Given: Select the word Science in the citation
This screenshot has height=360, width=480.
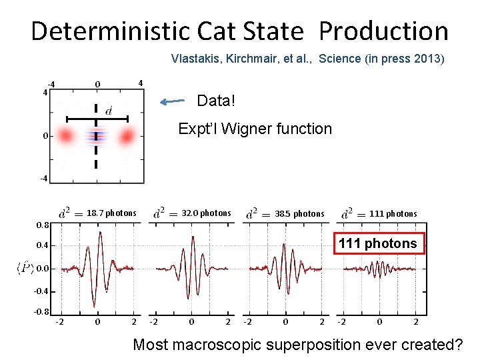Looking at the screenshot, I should [x=341, y=58].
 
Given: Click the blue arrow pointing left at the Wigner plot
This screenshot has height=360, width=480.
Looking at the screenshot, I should [x=173, y=102].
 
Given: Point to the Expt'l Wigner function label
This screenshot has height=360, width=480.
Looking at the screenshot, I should [x=254, y=129].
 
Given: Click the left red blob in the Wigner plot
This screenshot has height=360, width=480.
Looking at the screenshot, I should [x=65, y=137].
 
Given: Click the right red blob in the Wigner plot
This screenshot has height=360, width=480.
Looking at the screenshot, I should [x=127, y=137].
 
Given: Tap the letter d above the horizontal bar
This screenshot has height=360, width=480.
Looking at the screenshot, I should [x=108, y=109].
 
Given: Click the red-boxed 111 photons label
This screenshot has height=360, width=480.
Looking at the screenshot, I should [x=377, y=243].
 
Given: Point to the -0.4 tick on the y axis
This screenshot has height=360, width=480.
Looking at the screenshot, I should [x=41, y=291].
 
